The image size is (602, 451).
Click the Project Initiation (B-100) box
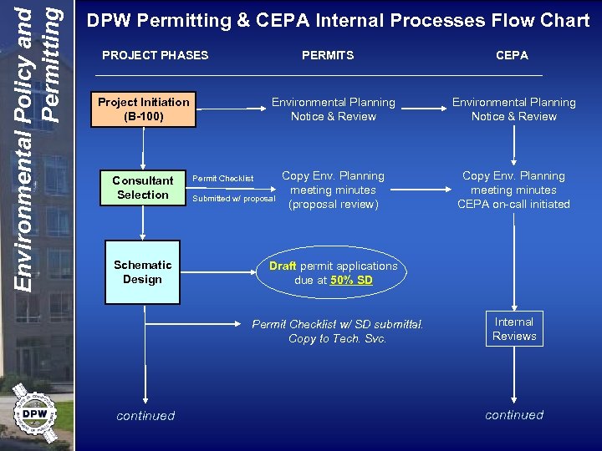tap(144, 109)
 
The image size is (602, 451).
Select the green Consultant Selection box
tap(142, 187)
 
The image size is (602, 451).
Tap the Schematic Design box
tap(142, 272)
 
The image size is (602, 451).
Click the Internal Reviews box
tap(513, 329)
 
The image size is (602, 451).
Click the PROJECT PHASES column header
tap(155, 55)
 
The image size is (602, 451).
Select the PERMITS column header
tap(328, 55)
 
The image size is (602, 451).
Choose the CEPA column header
tap(512, 55)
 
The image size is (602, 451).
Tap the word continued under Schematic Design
tap(145, 415)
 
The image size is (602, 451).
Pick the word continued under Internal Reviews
tap(513, 414)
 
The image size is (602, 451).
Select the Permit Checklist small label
tap(222, 179)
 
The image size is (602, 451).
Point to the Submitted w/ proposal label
tap(233, 199)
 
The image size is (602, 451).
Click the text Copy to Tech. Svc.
tap(337, 338)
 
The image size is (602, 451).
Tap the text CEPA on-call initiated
tap(513, 205)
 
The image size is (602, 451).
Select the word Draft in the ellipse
tap(283, 266)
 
